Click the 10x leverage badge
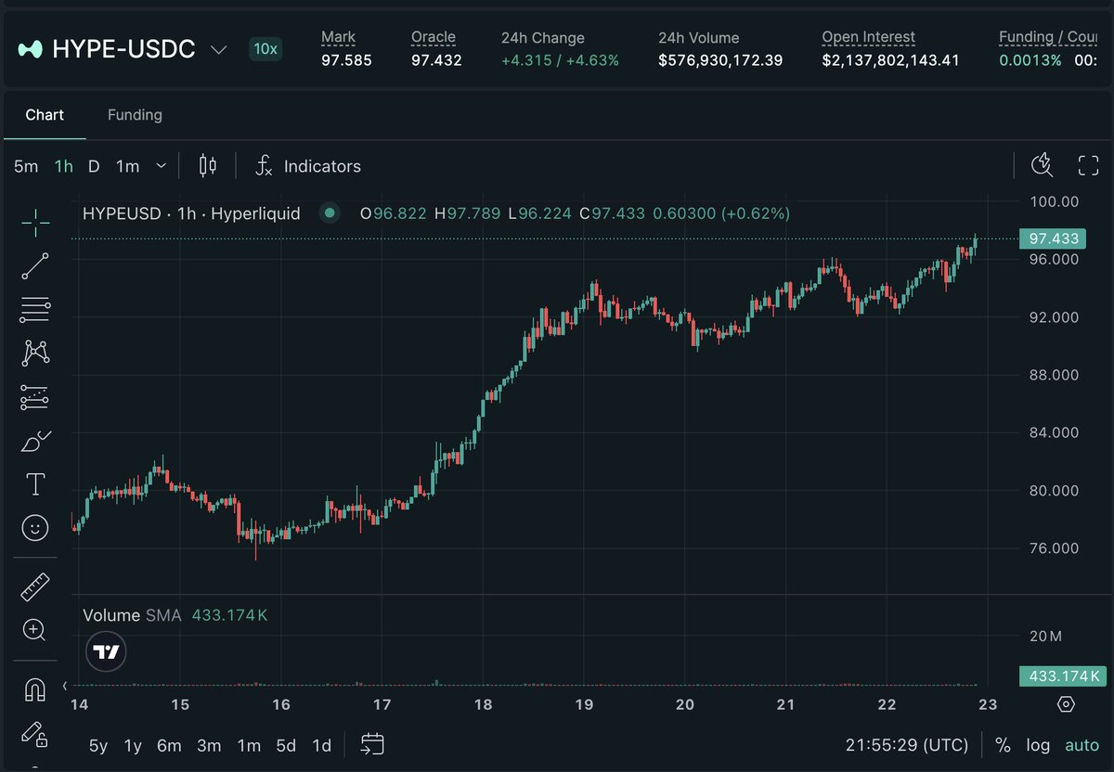pos(266,49)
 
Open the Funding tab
pos(135,115)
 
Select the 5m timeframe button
pos(26,166)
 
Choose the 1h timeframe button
pos(64,166)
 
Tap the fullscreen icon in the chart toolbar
pos(1088,165)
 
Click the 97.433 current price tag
pos(1053,238)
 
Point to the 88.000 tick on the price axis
pos(1054,375)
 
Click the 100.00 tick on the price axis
pos(1055,202)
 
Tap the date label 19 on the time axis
pos(584,704)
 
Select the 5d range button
pos(286,746)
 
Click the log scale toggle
pos(1038,745)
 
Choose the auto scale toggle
pos(1082,745)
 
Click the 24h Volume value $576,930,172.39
pos(720,60)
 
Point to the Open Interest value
pos(890,60)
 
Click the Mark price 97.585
pos(346,60)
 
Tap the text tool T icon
pos(35,483)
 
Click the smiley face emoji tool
pos(35,527)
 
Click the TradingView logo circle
pos(106,651)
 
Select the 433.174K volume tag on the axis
pos(1063,676)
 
